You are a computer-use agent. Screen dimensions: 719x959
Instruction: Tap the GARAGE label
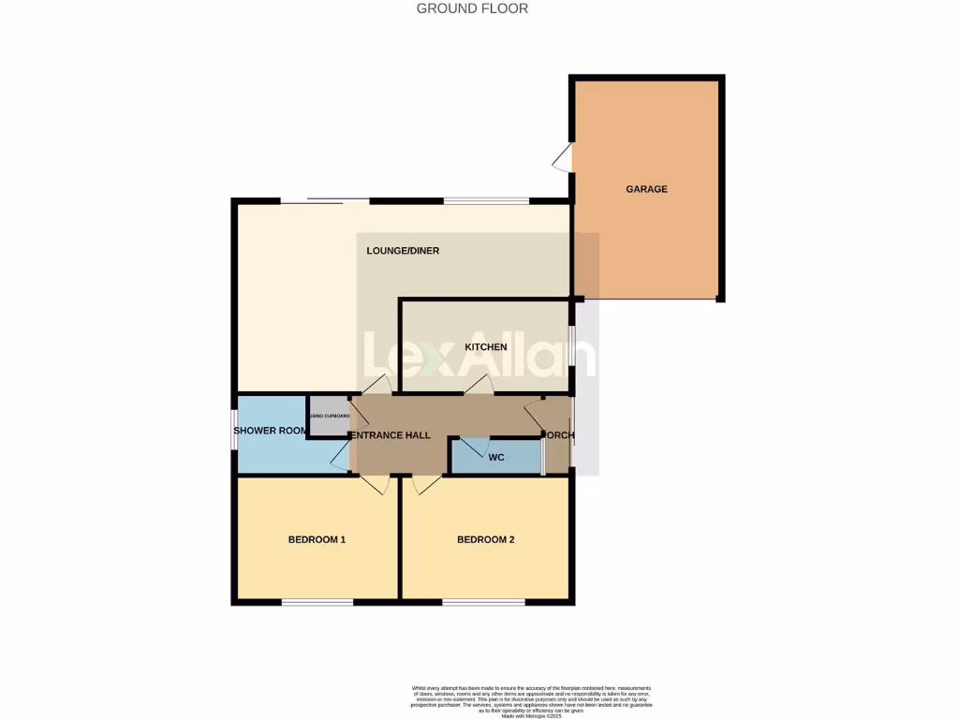pos(646,189)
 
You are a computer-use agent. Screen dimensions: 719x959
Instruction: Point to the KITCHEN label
pos(486,347)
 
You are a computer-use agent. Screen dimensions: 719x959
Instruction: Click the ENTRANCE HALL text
pos(391,435)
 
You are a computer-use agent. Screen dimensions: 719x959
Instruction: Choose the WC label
pos(497,458)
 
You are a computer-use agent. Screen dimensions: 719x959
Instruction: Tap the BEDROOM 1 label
pos(317,540)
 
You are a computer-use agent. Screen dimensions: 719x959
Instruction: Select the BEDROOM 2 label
pos(485,540)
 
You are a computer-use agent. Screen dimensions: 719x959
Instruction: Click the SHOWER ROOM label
pos(271,431)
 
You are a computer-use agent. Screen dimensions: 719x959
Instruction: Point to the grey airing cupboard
pos(328,416)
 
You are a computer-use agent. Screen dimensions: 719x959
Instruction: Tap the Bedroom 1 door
pos(375,484)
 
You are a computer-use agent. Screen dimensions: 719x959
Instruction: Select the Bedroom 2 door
pos(427,484)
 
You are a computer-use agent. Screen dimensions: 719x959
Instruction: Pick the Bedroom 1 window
pos(317,602)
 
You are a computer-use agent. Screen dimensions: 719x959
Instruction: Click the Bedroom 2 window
pos(485,602)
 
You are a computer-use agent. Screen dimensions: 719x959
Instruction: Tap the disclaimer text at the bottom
pos(531,701)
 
